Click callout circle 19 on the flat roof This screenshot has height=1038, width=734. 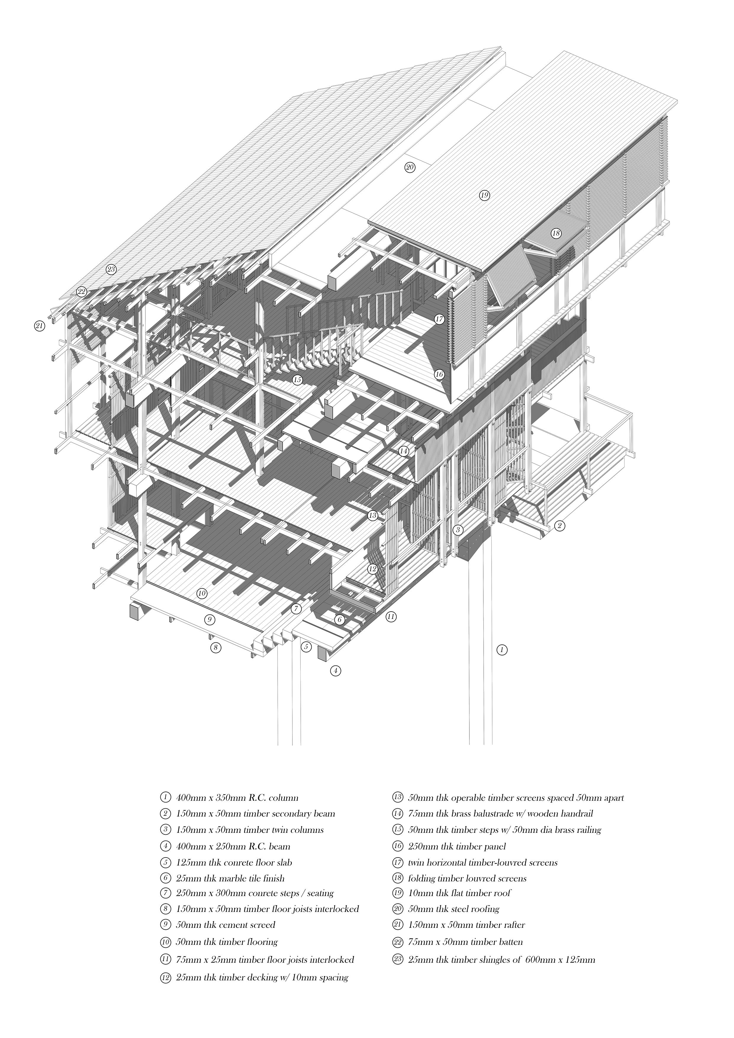[484, 195]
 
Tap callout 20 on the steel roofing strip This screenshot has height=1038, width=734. [410, 167]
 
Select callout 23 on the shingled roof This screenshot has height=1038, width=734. [111, 270]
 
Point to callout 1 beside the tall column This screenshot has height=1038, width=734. [502, 650]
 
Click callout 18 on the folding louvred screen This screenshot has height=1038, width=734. [556, 233]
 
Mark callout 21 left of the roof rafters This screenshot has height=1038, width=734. [40, 325]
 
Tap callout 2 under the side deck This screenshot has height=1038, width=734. [559, 525]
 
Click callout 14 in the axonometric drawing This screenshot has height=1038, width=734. [404, 451]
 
